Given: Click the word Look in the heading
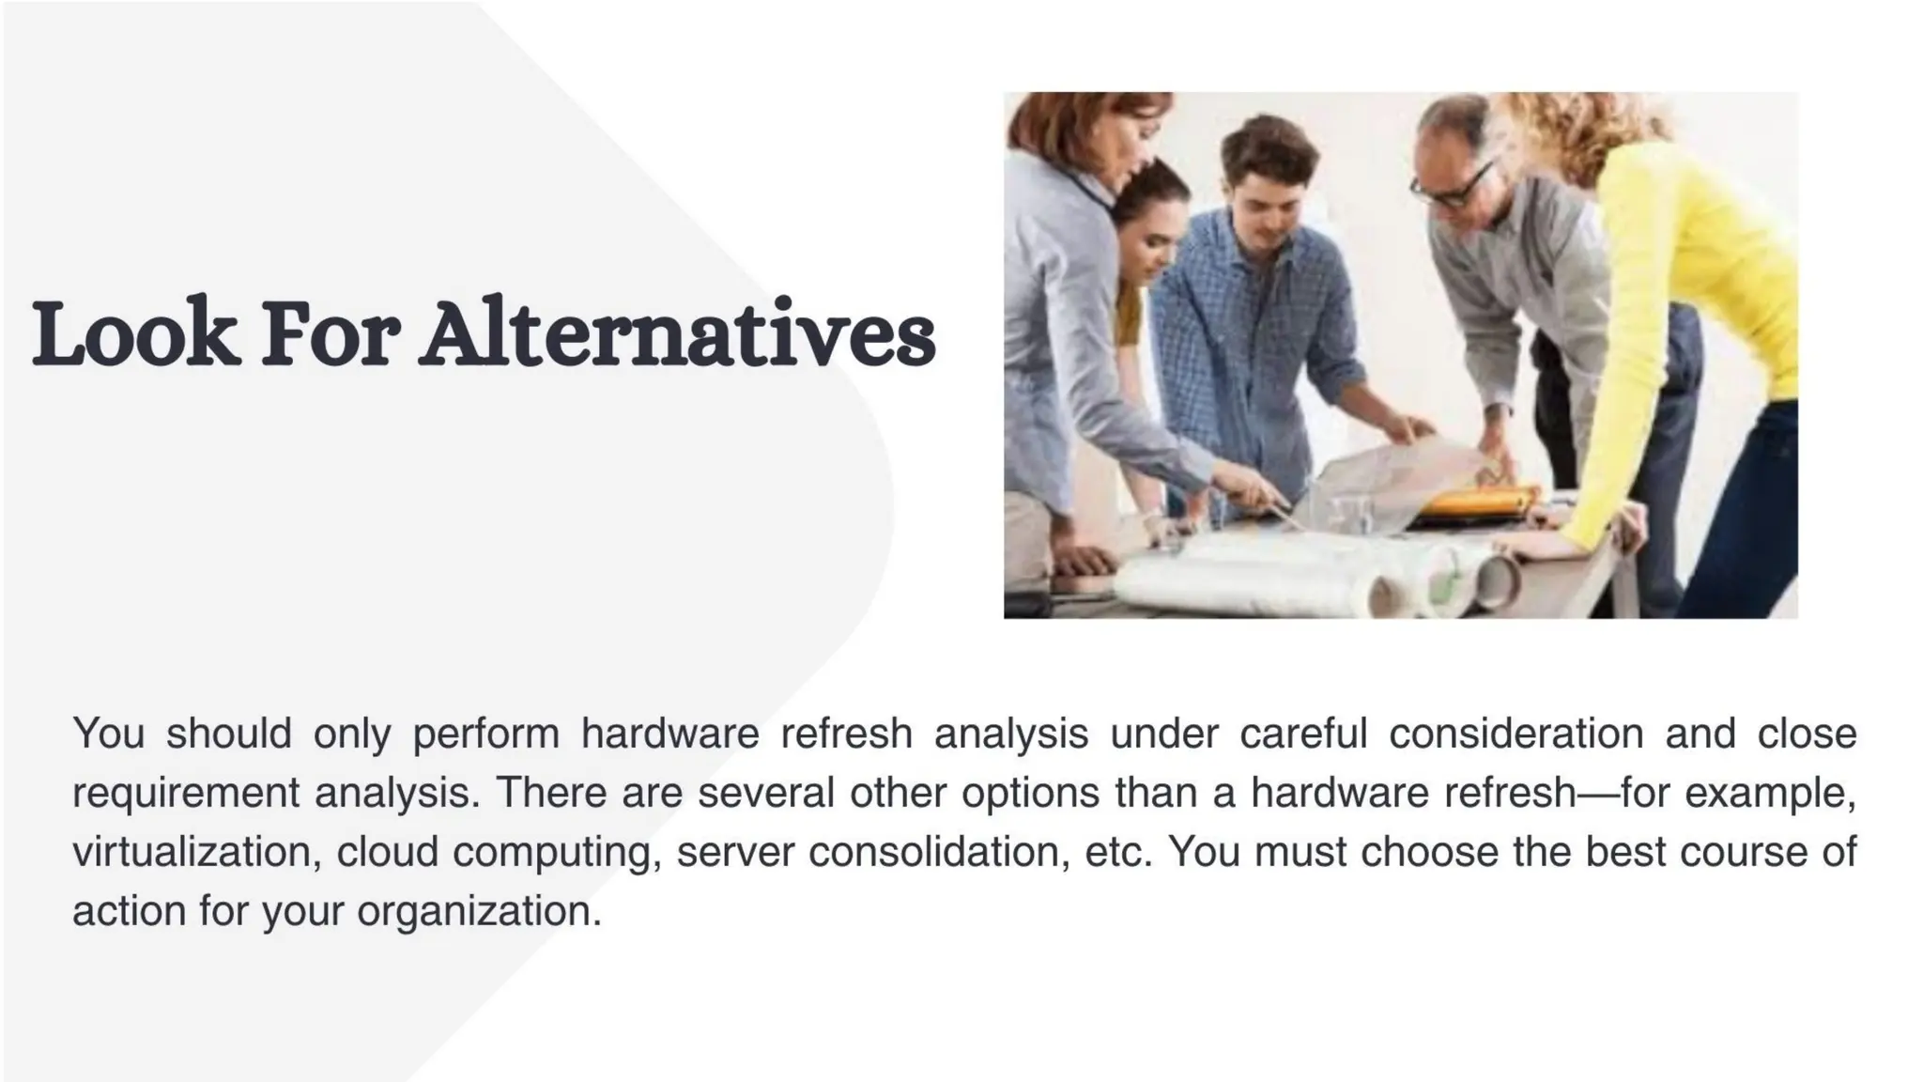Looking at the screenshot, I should pos(133,334).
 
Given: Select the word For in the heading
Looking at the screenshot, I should pos(329,334).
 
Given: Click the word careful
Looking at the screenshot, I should pos(1302,734).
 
